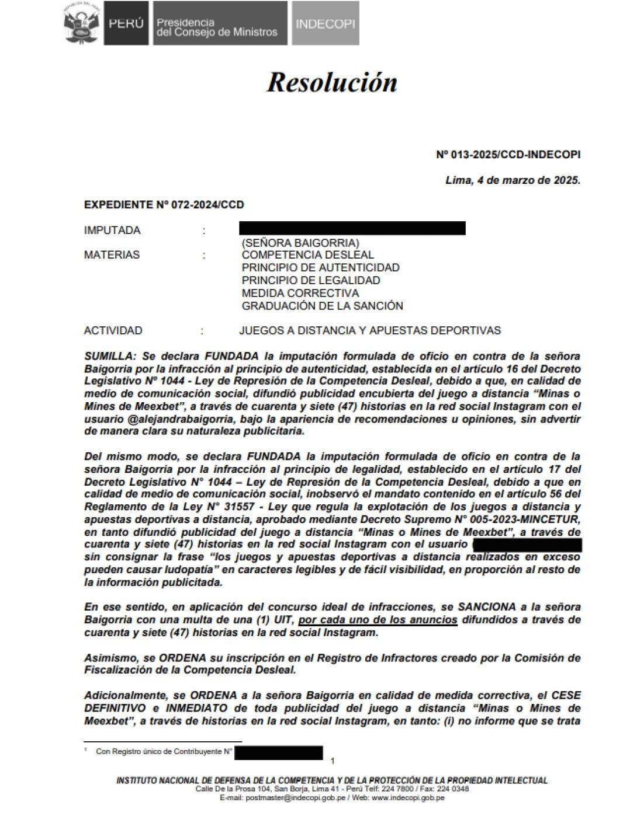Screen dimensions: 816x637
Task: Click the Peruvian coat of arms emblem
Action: (x=81, y=23)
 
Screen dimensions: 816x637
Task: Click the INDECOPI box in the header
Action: (x=325, y=24)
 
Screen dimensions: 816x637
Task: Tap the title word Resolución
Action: (x=332, y=82)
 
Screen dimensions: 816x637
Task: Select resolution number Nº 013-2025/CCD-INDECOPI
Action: (x=508, y=155)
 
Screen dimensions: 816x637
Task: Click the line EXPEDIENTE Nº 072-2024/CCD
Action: (x=164, y=205)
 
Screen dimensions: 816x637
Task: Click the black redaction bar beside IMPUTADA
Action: (x=352, y=228)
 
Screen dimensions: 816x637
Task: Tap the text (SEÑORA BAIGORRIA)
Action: (x=300, y=242)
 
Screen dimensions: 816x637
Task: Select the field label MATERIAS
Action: (x=112, y=255)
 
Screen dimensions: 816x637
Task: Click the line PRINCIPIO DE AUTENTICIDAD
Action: (x=320, y=268)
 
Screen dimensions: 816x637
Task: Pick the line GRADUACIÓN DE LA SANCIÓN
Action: (x=322, y=306)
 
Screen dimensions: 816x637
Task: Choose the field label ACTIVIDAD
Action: (x=113, y=331)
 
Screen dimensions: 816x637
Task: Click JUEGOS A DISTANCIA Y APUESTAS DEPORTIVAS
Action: (x=370, y=331)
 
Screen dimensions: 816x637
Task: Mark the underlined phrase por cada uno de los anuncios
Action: (x=378, y=620)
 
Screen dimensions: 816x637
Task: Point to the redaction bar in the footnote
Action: (x=279, y=752)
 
